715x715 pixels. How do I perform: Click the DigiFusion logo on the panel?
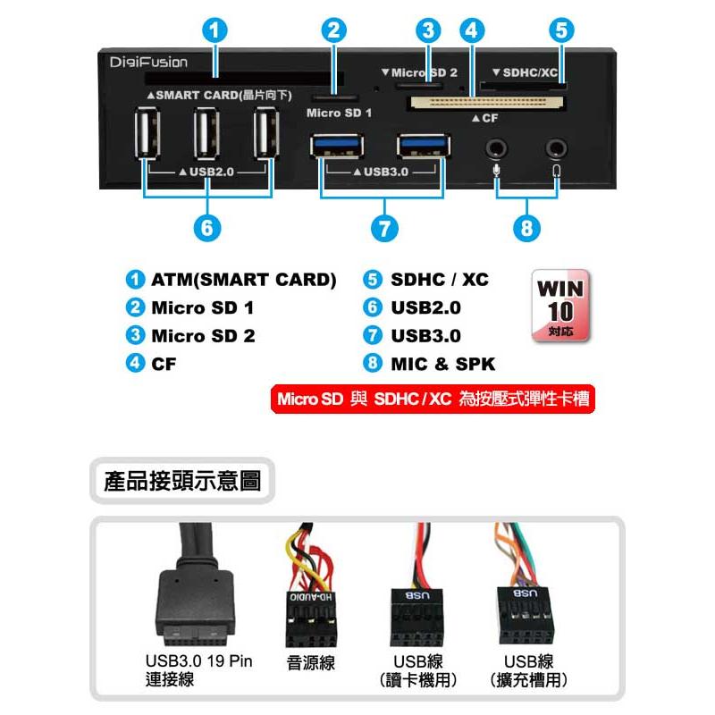click(x=148, y=62)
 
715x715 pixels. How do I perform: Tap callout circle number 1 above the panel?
click(x=214, y=30)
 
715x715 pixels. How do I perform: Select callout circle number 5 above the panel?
click(x=561, y=30)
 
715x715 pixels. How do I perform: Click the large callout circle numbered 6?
click(x=207, y=228)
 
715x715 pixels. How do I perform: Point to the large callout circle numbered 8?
click(x=526, y=228)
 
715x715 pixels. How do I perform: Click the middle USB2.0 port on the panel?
click(x=206, y=133)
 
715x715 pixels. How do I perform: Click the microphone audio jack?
click(x=496, y=148)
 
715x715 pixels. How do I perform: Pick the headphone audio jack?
click(x=556, y=148)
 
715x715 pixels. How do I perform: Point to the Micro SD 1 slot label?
click(x=340, y=113)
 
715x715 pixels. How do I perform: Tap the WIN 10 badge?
click(x=560, y=306)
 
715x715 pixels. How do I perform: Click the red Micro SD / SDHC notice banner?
click(x=433, y=399)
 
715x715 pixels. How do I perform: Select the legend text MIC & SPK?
click(x=442, y=364)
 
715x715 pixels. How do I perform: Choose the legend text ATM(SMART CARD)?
click(x=244, y=280)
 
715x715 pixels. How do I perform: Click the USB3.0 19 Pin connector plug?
click(x=197, y=607)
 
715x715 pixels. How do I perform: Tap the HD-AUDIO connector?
click(x=311, y=619)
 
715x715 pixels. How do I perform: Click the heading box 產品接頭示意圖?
click(x=182, y=481)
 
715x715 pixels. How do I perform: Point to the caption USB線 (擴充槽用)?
click(x=528, y=670)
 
